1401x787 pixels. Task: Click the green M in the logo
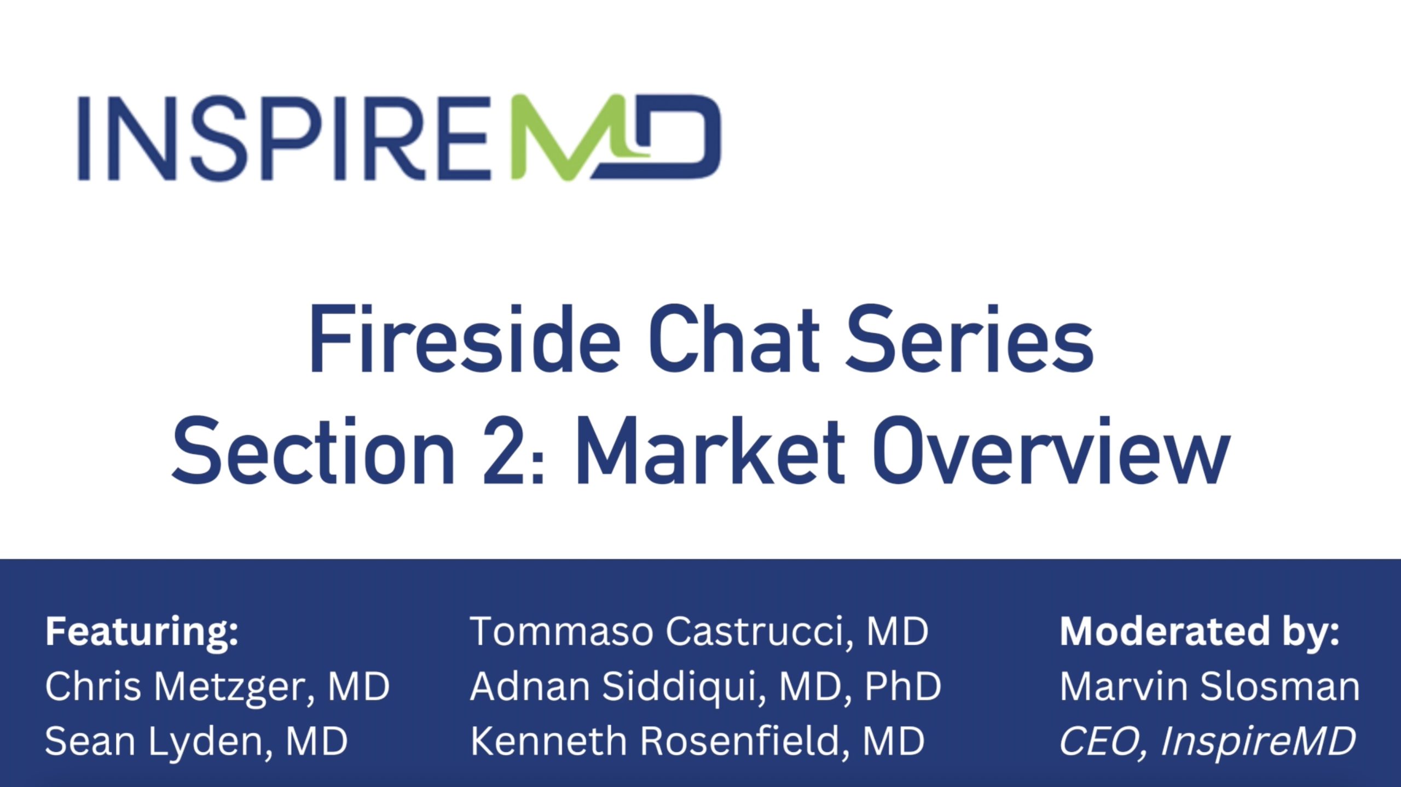tap(580, 138)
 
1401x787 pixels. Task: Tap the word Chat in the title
tap(734, 339)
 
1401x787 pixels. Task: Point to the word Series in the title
tap(970, 339)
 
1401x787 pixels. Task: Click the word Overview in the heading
tap(1051, 450)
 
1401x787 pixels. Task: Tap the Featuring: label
tap(142, 632)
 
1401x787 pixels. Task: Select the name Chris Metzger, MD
tap(217, 687)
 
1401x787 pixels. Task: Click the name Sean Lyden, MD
tap(196, 742)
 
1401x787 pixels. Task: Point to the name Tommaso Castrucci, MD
tap(699, 632)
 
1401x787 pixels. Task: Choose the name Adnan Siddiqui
tap(613, 687)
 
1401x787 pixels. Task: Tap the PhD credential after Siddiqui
tap(903, 686)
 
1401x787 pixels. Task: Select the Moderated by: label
tap(1200, 632)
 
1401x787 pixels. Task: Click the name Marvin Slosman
tap(1210, 686)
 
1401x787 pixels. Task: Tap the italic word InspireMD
tap(1258, 742)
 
